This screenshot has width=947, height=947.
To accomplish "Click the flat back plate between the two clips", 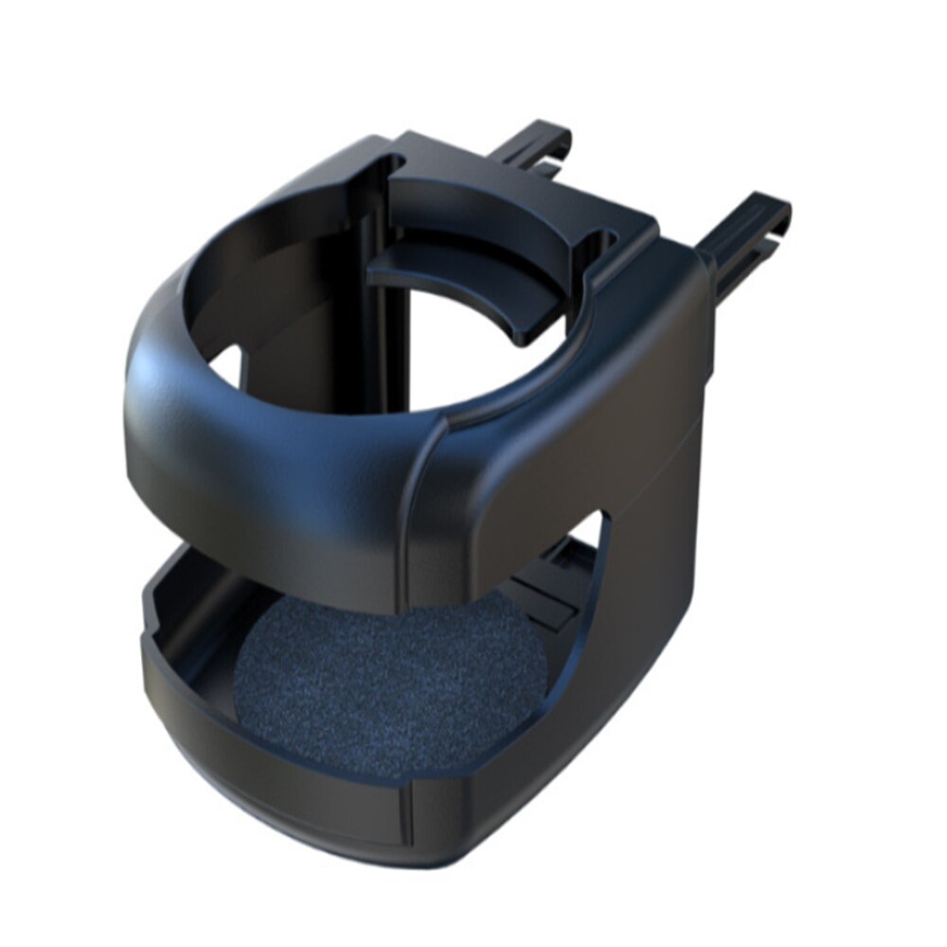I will tap(530, 189).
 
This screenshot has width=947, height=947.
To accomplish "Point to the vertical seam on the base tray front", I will tap(407, 814).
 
